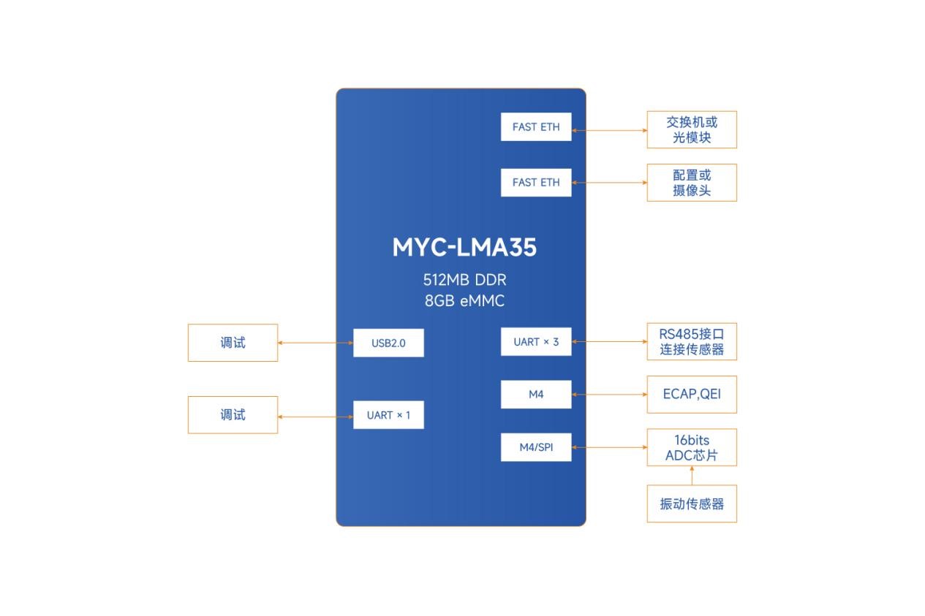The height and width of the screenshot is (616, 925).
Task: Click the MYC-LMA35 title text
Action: point(464,248)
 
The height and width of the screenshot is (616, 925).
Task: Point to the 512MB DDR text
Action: point(464,280)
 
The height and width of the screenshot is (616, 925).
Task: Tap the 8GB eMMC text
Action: point(464,300)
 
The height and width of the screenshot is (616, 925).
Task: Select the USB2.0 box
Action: point(388,343)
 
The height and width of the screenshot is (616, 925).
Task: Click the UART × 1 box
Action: point(388,415)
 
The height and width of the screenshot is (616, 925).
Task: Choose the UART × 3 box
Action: point(536,342)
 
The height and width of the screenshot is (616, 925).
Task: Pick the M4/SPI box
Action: point(536,447)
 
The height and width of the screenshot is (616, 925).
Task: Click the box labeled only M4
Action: point(536,395)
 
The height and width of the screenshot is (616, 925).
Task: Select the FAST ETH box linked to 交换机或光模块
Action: point(536,127)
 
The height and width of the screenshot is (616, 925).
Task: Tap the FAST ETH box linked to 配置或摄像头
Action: point(536,183)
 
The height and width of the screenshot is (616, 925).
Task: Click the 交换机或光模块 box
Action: point(692,130)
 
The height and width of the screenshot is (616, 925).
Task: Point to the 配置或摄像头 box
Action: point(692,183)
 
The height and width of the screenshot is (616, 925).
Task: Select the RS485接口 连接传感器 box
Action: point(692,342)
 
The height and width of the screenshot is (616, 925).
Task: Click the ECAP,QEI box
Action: point(692,395)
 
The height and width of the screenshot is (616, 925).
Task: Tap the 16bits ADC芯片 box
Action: point(692,447)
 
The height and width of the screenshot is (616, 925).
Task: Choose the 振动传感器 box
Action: point(692,504)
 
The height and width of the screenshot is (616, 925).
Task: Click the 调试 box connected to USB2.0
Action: point(233,343)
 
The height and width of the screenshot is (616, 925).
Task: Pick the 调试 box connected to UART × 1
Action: point(233,415)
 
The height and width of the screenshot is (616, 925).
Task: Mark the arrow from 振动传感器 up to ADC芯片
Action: point(692,476)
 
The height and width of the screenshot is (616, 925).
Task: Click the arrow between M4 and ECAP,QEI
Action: point(609,395)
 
